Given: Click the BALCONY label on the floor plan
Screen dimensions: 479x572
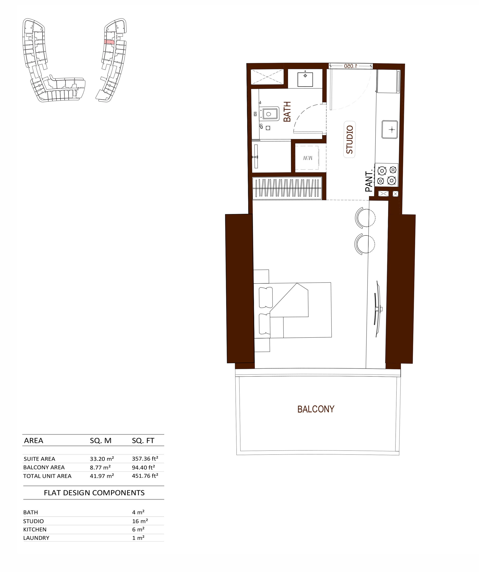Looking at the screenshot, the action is point(315,409).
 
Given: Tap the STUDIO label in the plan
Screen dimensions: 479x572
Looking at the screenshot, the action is point(350,139).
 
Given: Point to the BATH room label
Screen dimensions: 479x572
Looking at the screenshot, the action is point(287,112).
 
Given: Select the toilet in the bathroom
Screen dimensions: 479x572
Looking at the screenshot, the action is point(269,114).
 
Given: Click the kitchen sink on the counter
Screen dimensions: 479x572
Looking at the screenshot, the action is point(390,129).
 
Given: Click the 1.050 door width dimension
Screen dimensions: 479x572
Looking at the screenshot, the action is point(350,66).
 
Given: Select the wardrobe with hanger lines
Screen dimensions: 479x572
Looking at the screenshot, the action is point(287,188).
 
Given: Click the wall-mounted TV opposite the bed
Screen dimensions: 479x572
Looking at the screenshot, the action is point(377,309).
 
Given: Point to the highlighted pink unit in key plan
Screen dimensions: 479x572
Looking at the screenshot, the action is point(109,42).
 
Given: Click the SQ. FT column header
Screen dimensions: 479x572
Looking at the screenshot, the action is point(143,441).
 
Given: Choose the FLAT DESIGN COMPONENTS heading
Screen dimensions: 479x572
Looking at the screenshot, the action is point(94,493).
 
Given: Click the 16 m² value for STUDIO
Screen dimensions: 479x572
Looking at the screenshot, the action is point(140,521).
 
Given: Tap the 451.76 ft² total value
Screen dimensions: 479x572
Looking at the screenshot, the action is point(145,476).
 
